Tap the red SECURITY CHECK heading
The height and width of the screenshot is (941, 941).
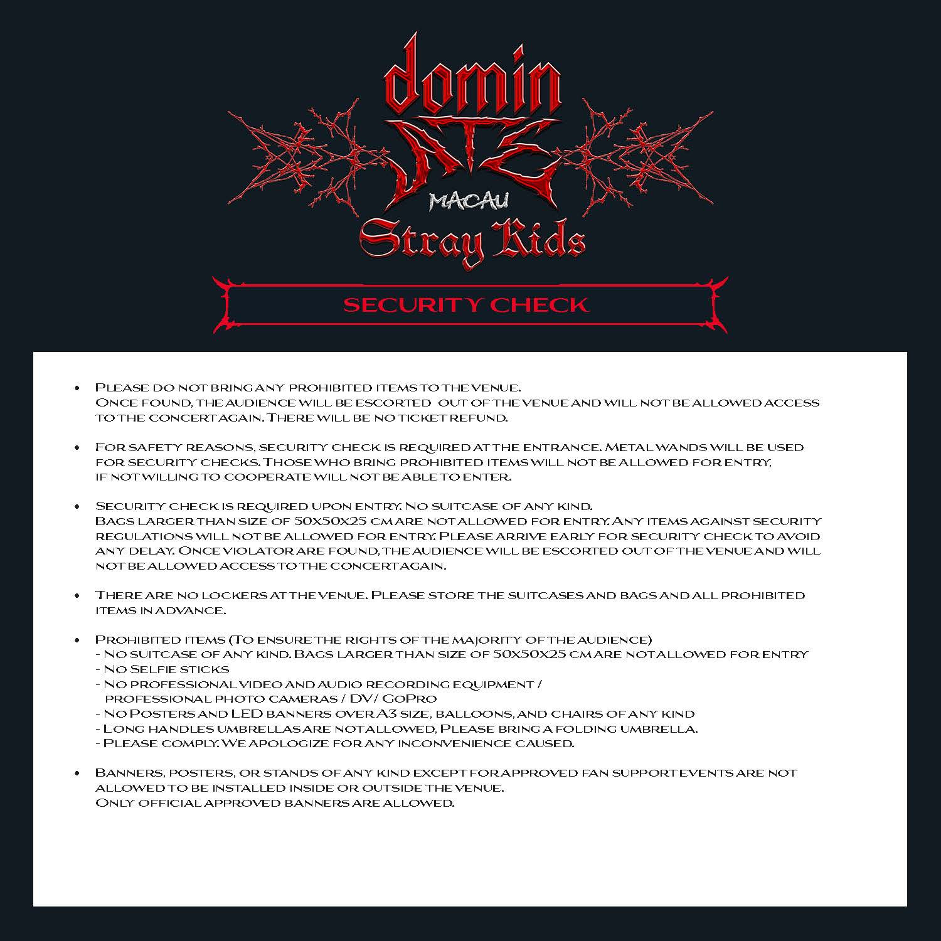[465, 305]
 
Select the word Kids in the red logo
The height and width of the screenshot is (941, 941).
[538, 239]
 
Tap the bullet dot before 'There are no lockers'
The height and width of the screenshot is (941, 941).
[77, 595]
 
